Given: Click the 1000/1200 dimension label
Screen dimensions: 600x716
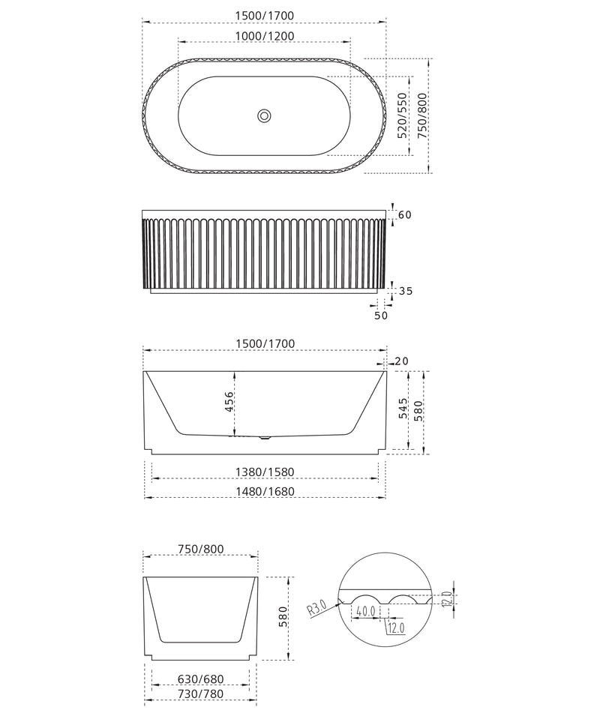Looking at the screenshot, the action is [265, 36].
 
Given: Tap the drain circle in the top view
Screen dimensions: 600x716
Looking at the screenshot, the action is [264, 115].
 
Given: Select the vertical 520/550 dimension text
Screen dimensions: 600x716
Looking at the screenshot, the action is [402, 115].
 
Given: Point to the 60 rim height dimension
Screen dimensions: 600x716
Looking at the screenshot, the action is [405, 214].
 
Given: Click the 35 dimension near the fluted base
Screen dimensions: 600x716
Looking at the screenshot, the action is [406, 291].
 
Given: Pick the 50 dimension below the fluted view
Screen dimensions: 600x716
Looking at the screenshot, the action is [381, 315].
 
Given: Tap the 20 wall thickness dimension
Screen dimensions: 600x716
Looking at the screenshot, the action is [401, 361].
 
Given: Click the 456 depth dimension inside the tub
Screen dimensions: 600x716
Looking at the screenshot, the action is [229, 401].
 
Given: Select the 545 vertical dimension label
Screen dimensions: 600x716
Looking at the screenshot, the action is [403, 408].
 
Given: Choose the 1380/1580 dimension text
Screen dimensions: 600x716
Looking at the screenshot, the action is [265, 472].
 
